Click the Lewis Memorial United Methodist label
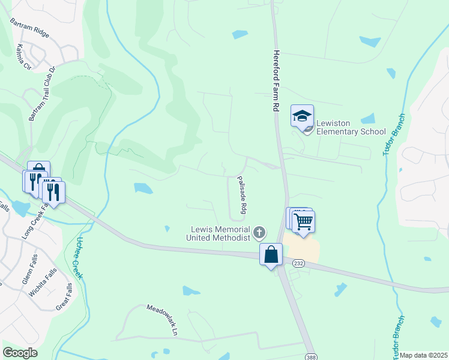pyautogui.click(x=220, y=233)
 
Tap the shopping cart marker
pyautogui.click(x=304, y=222)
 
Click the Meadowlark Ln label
pyautogui.click(x=163, y=320)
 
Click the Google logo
pyautogui.click(x=20, y=353)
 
